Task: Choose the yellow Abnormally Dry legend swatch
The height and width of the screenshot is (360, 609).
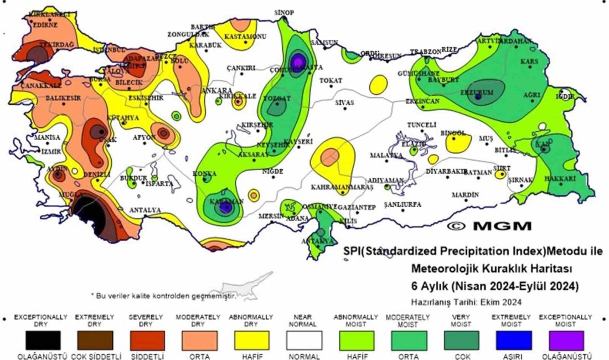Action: coord(251,340)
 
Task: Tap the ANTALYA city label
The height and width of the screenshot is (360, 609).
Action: coord(144,210)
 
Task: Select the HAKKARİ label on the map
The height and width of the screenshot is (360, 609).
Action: coord(560,179)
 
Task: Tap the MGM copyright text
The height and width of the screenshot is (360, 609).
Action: coord(489,226)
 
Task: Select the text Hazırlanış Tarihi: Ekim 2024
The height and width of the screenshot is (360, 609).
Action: coord(466,302)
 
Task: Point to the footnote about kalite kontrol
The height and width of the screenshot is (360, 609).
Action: coord(163,296)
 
